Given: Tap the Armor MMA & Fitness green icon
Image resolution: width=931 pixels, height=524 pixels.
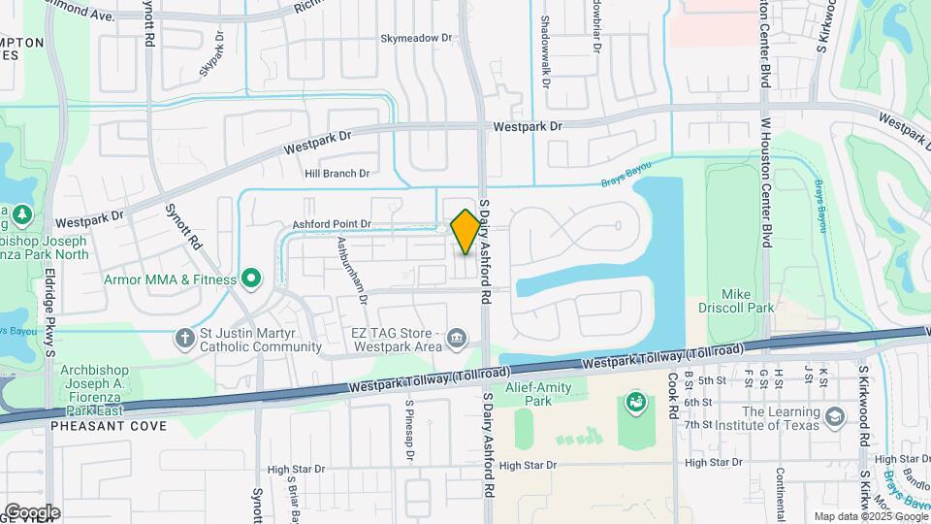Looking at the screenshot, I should [x=251, y=279].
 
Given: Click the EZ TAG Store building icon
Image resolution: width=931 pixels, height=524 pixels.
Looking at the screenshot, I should [x=456, y=339].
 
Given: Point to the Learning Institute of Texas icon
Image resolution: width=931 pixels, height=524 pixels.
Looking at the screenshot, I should [x=834, y=417].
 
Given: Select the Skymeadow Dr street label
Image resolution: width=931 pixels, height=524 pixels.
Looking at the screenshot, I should [x=416, y=38].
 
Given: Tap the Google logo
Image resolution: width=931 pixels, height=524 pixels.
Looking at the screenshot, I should [x=31, y=512].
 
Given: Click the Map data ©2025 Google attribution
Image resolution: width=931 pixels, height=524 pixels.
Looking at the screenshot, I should [x=870, y=516].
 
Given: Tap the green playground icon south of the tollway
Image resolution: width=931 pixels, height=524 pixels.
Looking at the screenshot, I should [x=636, y=402].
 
